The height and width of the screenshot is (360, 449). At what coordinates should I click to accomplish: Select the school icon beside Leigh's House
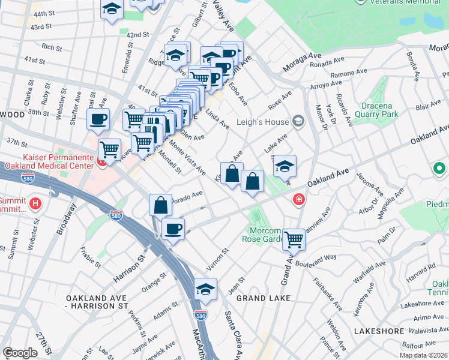298,122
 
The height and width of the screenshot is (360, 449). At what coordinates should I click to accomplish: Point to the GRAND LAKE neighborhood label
263,298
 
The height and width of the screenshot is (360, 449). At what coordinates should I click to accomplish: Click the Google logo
20,352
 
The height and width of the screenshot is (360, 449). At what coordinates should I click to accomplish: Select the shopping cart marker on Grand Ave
294,239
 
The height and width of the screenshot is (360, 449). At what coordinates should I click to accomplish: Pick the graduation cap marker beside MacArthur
205,289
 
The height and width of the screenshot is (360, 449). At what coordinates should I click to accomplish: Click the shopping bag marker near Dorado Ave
161,205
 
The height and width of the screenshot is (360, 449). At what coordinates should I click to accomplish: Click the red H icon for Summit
35,203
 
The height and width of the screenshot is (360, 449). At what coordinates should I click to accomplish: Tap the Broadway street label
67,220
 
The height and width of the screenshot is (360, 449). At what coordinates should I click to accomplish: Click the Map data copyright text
424,355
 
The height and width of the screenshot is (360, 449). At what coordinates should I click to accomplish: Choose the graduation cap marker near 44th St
112,9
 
